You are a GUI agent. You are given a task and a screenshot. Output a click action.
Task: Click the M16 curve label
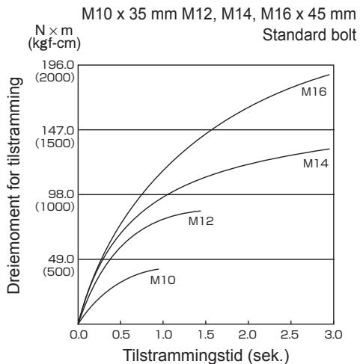[x=314, y=92]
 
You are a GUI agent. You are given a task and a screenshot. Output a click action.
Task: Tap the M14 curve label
[x=316, y=164]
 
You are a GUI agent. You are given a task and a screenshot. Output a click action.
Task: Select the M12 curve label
[x=201, y=221]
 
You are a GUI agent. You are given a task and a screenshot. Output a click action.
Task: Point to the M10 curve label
[x=162, y=280]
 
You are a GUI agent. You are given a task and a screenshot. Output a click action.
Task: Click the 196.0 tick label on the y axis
[x=58, y=65]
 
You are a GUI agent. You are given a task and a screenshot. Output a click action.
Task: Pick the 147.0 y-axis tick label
[x=58, y=130]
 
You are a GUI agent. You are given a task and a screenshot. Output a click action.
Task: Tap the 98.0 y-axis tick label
[x=61, y=194]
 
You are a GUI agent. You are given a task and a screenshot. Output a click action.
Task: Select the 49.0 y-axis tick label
[x=61, y=259]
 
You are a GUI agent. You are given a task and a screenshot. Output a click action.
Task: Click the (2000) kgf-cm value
[x=55, y=78]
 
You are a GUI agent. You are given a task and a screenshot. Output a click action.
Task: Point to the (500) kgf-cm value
[x=58, y=272]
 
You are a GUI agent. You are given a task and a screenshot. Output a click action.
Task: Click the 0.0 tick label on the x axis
[x=79, y=335]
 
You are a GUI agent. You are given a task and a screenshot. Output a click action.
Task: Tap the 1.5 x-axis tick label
[x=206, y=335]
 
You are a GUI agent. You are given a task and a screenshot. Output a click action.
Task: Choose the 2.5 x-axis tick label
[x=290, y=335]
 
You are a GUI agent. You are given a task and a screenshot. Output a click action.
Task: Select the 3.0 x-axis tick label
[x=333, y=335]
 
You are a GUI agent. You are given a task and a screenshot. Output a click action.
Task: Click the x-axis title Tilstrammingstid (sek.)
[x=206, y=355]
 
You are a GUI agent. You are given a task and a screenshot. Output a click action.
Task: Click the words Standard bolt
[x=309, y=35]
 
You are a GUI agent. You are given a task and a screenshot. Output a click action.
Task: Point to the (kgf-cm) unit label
[x=55, y=44]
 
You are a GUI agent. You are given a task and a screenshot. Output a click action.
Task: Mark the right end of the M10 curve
[x=159, y=269]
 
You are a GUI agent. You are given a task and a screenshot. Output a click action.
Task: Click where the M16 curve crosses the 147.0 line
[x=212, y=130]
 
